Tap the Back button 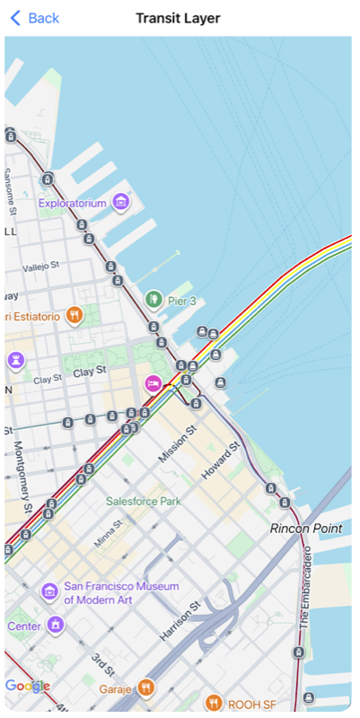(34, 18)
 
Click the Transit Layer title (178, 18)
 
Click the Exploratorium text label (72, 204)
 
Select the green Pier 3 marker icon (154, 299)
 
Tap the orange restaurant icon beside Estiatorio (75, 315)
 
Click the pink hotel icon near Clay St (154, 384)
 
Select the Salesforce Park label (144, 501)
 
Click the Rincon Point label (306, 529)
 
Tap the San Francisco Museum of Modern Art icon (50, 591)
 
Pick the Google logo (27, 687)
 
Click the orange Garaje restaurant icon (146, 688)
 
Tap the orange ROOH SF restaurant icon (213, 703)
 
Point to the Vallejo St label (40, 267)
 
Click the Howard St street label (222, 459)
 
